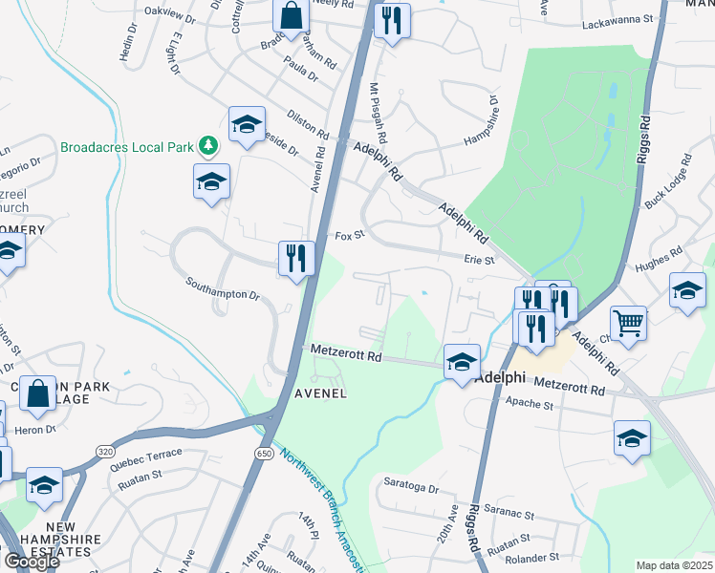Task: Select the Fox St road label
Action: [x=350, y=234]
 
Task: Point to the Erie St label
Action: [x=479, y=259]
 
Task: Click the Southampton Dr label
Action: [x=222, y=289]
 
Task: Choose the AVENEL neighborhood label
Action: [x=319, y=393]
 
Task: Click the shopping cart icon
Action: [x=628, y=324]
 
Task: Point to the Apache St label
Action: [x=562, y=405]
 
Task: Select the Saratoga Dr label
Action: [x=412, y=488]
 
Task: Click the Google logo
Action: [x=32, y=561]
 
